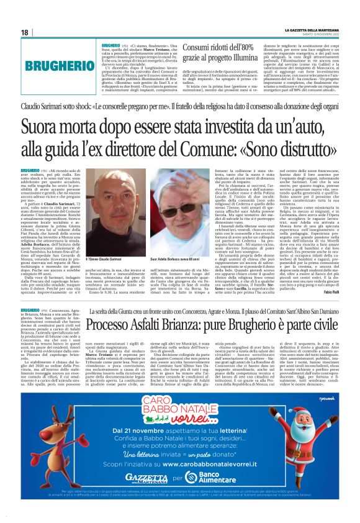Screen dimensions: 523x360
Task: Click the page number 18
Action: coord(24,32)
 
